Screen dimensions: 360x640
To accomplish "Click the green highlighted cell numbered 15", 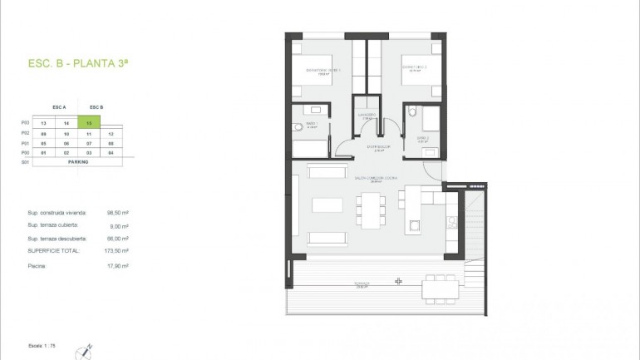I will click(88, 122).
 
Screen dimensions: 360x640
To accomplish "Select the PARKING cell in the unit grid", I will click(79, 162).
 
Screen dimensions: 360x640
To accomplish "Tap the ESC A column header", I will click(58, 107).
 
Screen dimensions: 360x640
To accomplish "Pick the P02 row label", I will click(25, 133).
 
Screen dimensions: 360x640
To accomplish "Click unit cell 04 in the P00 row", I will click(110, 153).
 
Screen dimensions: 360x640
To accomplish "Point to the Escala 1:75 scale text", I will click(39, 342).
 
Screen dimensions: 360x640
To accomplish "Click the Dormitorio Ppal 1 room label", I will click(323, 69).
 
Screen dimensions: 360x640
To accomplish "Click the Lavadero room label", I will click(367, 115).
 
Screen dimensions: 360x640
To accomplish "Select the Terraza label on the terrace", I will click(361, 284).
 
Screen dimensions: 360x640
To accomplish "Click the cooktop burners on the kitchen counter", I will click(451, 220).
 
